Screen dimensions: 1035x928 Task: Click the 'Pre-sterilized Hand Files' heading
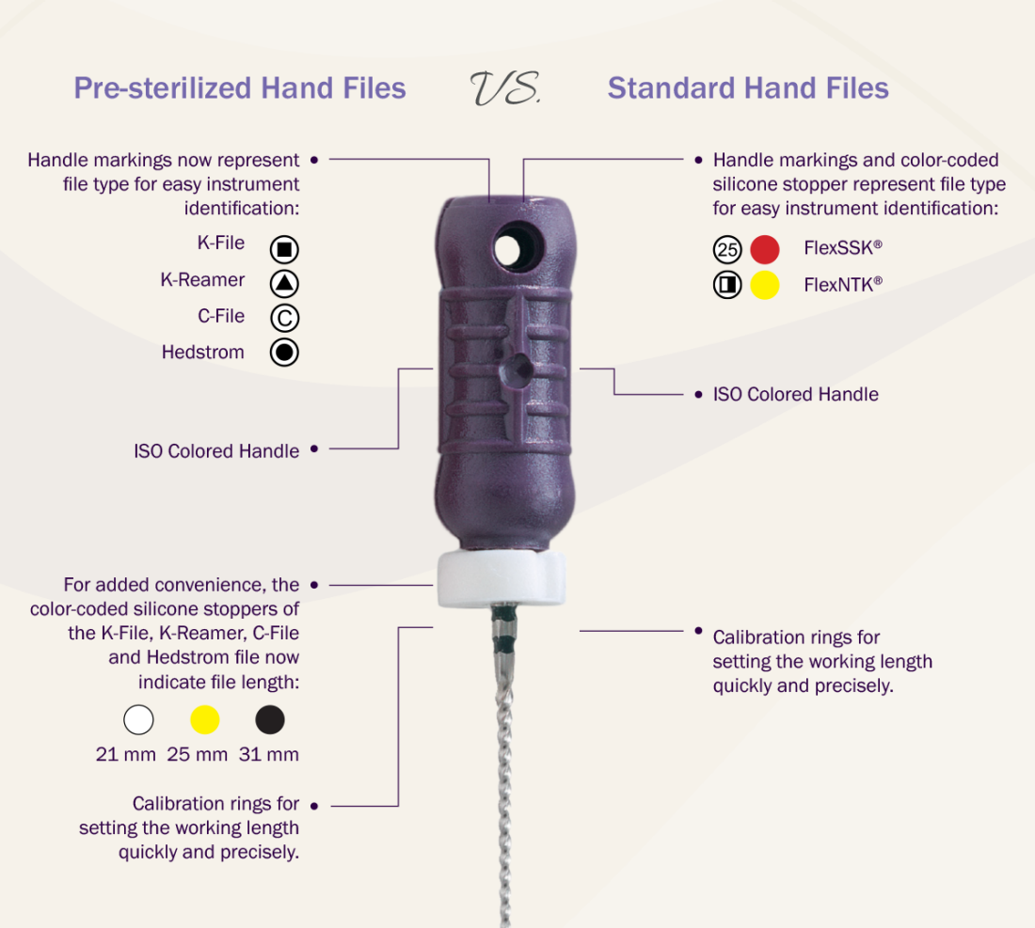[240, 88]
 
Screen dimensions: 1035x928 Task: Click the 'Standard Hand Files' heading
[748, 88]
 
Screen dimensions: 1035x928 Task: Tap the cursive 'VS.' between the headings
[505, 88]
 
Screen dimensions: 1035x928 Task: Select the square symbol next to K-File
[284, 249]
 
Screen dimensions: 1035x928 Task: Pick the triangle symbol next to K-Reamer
[284, 284]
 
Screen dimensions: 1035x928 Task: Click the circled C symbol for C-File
[284, 318]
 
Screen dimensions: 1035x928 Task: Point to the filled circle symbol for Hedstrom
[284, 353]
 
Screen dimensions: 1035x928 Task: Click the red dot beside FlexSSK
[765, 249]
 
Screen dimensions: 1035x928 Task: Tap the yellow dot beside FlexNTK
[765, 285]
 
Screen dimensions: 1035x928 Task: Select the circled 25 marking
[727, 249]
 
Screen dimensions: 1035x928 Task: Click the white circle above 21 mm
[138, 719]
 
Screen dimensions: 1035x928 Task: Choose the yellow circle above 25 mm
[204, 719]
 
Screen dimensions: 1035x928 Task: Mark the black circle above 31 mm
[270, 719]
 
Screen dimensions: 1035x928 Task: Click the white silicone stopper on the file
[501, 578]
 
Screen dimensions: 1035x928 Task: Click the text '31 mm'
[269, 754]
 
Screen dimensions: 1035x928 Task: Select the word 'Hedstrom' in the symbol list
[202, 353]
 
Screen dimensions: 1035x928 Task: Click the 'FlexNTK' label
[843, 285]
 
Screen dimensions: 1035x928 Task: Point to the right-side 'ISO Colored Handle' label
[795, 394]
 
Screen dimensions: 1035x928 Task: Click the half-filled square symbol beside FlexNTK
[727, 285]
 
